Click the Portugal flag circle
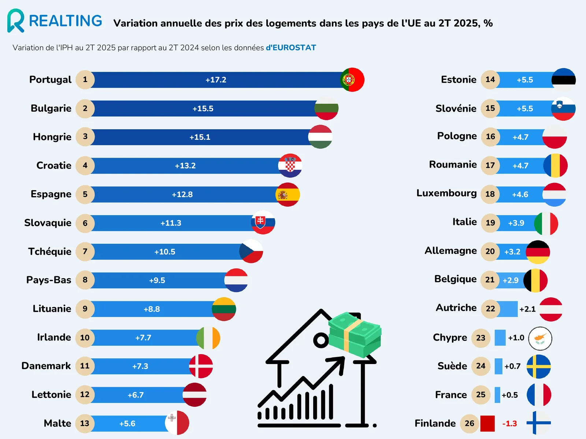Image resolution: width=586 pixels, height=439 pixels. (352, 80)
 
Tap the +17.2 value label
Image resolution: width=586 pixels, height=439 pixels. (216, 80)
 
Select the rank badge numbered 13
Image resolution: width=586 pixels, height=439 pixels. (85, 423)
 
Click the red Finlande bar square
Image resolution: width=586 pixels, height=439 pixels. (487, 423)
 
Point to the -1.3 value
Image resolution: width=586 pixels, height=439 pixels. (509, 423)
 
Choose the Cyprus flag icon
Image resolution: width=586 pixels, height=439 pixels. (540, 338)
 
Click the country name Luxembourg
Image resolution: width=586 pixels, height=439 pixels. (446, 193)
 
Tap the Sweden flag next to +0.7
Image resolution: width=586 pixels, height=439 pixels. (538, 366)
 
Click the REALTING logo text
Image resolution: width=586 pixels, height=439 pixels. (66, 21)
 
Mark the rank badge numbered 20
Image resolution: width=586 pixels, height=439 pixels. (490, 251)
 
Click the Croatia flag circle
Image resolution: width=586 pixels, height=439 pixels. (290, 165)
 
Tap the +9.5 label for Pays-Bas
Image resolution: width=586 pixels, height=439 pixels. (157, 280)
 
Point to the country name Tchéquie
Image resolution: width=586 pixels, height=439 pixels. (50, 251)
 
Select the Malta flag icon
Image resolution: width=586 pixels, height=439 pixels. (177, 423)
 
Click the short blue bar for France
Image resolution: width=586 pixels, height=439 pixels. (497, 395)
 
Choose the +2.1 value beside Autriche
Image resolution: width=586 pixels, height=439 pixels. (527, 309)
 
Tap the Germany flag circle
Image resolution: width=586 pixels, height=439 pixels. (538, 252)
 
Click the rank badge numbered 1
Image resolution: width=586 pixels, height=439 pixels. (85, 80)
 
